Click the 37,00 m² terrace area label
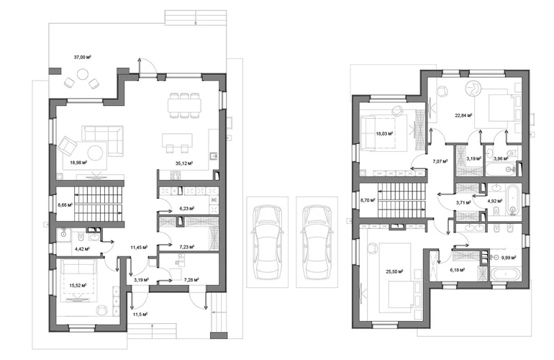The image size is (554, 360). (x=83, y=57)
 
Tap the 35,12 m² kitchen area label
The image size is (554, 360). (x=184, y=163)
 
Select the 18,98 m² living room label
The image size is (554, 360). (x=79, y=162)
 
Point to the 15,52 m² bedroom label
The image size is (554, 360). (x=78, y=285)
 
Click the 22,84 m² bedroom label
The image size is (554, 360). (x=463, y=114)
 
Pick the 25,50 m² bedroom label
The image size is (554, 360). (x=395, y=271)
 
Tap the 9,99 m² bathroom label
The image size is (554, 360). (x=509, y=258)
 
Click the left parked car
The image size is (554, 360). (x=267, y=242)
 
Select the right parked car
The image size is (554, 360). (x=317, y=242)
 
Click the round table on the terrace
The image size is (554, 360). (x=83, y=74)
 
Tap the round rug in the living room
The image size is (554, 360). (x=96, y=153)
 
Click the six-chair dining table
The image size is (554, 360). (x=185, y=105)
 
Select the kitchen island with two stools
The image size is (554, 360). (x=177, y=142)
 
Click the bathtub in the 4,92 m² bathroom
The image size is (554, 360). (x=513, y=200)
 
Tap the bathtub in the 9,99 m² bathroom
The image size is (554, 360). (x=505, y=274)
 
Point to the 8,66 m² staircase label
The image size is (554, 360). (x=65, y=204)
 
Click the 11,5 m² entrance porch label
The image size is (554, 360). (x=140, y=314)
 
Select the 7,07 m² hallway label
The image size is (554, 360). (x=440, y=161)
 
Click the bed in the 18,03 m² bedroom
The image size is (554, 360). (x=384, y=133)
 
